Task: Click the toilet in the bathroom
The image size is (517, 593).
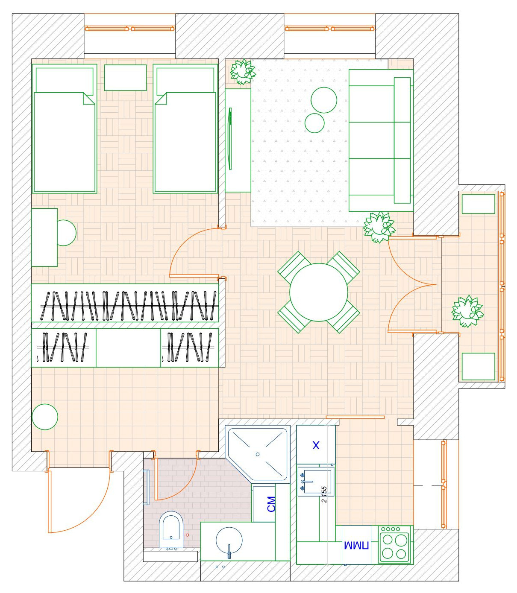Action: click(171, 529)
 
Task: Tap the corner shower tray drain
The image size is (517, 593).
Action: click(258, 454)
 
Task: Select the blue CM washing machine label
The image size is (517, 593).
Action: click(271, 504)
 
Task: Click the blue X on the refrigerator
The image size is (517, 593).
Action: click(316, 445)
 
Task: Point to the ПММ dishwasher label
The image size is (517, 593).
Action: click(356, 546)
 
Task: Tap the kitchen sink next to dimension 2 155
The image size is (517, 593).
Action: click(315, 482)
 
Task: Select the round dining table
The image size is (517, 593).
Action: click(319, 292)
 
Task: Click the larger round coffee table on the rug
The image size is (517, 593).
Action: click(324, 100)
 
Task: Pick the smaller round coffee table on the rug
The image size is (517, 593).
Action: click(315, 123)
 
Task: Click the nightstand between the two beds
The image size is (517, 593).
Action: click(125, 77)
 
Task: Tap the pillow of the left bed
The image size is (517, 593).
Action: click(65, 80)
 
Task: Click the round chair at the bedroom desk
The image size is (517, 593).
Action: click(66, 233)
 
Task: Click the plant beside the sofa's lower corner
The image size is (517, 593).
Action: click(379, 227)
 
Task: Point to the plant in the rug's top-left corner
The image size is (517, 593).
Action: click(242, 71)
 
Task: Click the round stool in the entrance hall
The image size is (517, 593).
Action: click(45, 417)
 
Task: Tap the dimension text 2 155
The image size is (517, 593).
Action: click(324, 494)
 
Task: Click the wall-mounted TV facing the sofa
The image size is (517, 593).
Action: click(230, 139)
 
